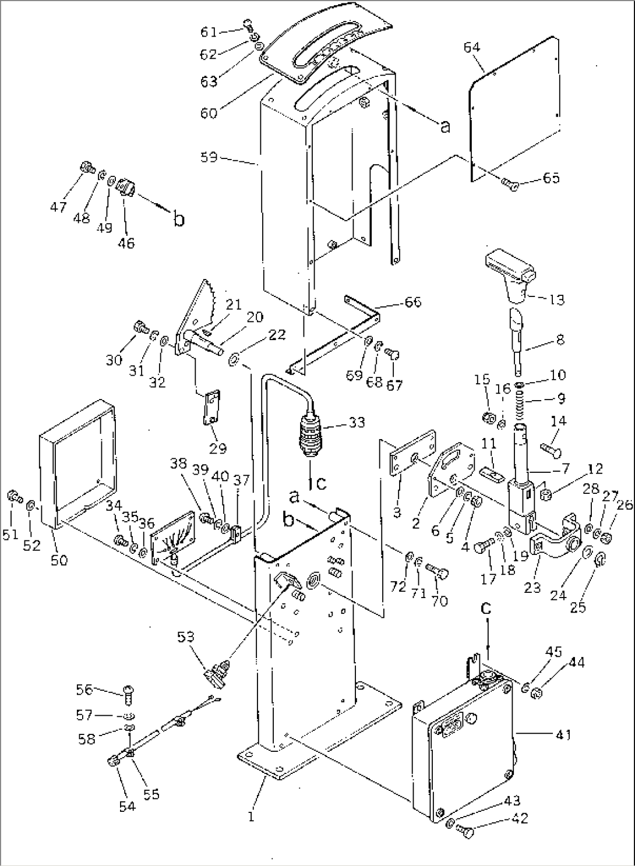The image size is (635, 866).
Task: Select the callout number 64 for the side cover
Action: coord(472,48)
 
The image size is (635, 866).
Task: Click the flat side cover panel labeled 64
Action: coord(514,108)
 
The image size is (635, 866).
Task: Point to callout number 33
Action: coord(357,422)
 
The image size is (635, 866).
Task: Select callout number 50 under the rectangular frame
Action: coord(59,560)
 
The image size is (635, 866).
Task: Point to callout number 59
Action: coord(209,157)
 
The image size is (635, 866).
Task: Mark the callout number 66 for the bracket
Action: coord(413,302)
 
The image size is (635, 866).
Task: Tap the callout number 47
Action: coord(58,207)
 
